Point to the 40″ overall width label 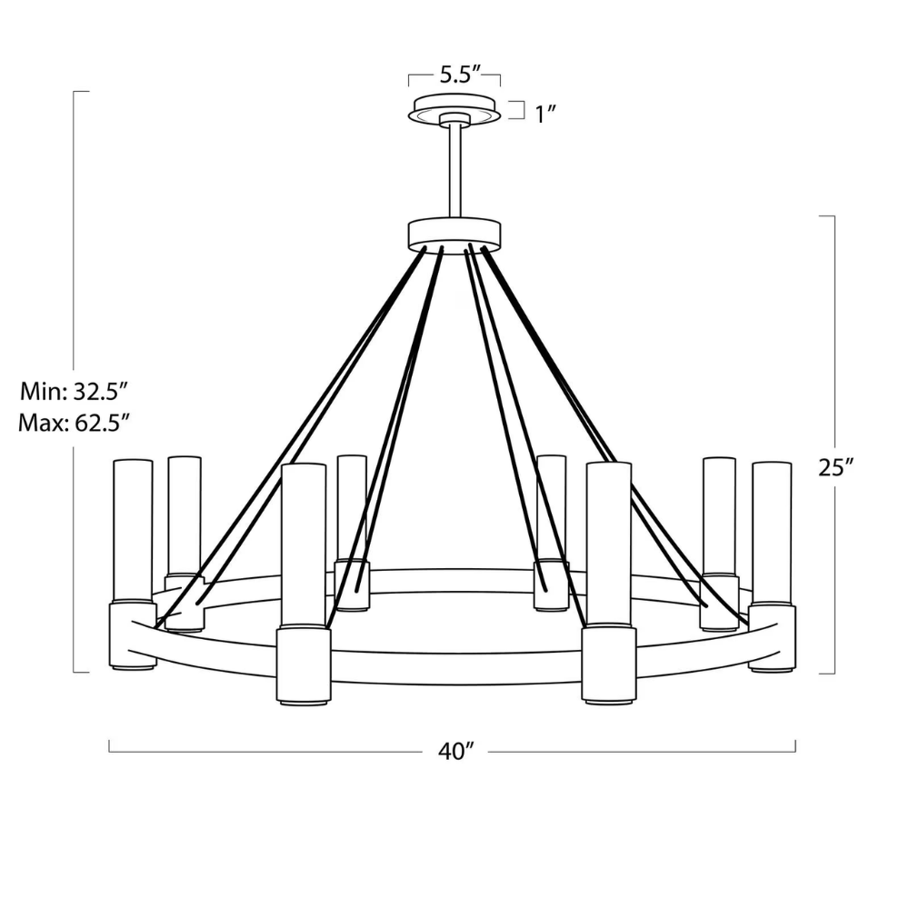point(456,752)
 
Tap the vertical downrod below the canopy point(454,168)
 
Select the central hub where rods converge point(454,233)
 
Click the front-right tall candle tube point(608,542)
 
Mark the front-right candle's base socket point(608,664)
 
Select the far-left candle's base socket point(132,636)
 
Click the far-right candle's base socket point(772,638)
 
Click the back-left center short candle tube point(352,504)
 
